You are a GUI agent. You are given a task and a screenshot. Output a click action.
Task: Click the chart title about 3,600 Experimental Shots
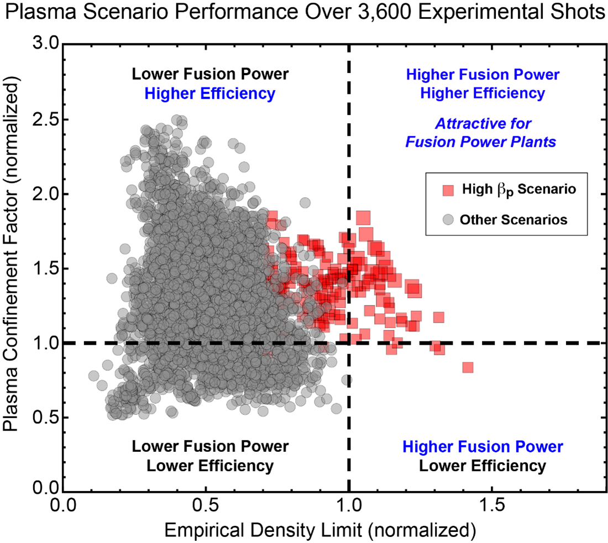304,13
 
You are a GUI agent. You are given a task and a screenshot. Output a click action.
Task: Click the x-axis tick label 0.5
205,505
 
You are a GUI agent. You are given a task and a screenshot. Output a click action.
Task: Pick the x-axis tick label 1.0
349,505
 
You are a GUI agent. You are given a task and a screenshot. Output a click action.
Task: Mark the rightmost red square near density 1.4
468,367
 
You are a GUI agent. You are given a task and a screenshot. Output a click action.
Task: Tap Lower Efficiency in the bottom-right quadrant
482,466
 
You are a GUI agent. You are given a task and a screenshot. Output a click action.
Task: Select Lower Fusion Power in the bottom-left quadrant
209,446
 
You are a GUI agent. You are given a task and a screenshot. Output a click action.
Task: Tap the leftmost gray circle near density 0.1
93,376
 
